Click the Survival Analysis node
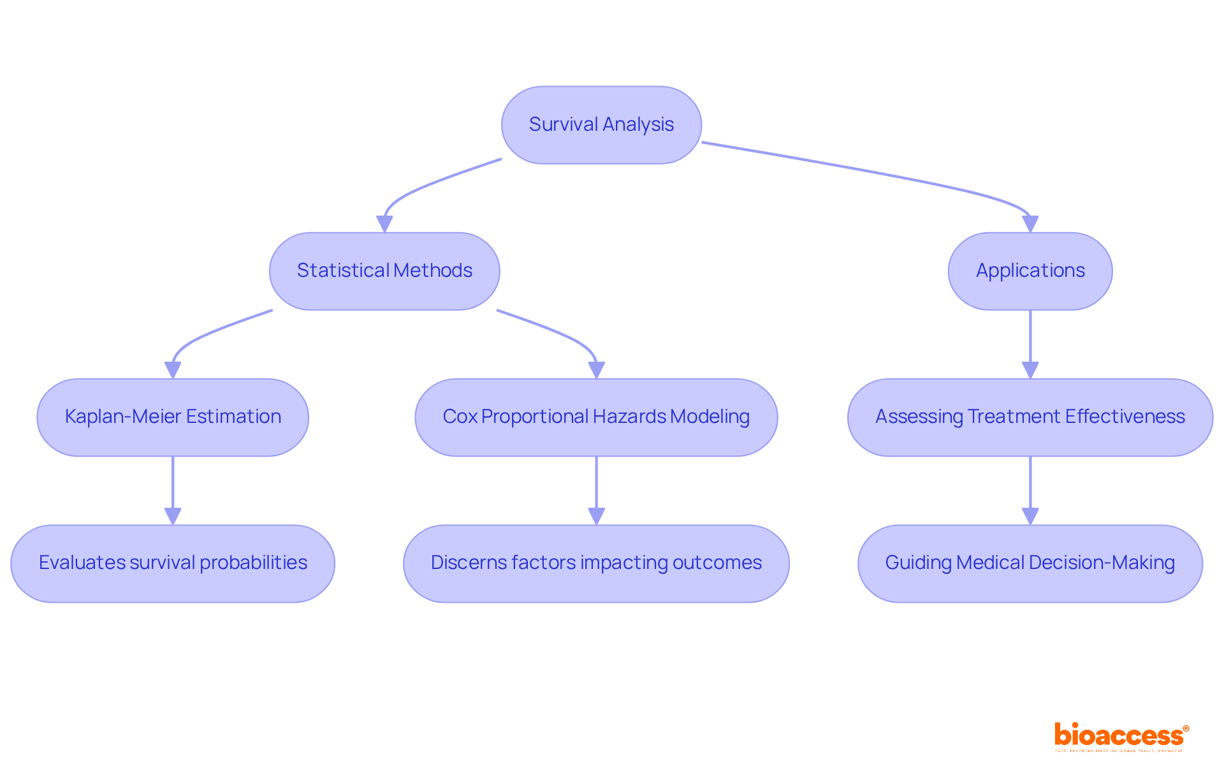pos(601,125)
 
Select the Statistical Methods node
pos(384,271)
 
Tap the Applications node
pos(1030,271)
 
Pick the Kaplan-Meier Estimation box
pos(173,417)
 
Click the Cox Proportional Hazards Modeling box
pos(596,417)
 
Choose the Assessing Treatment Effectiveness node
pos(1030,417)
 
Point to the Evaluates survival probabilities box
pos(173,563)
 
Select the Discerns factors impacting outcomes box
pos(596,563)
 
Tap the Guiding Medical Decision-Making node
pos(1030,563)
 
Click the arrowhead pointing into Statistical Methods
pos(384,224)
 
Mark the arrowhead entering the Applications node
pos(1030,224)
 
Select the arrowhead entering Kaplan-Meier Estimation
pos(173,370)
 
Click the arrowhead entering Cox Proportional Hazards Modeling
pos(596,370)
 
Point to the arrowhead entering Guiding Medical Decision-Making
pos(1030,516)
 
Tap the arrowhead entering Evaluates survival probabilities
pos(173,516)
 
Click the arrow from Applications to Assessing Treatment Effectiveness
pos(1030,338)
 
